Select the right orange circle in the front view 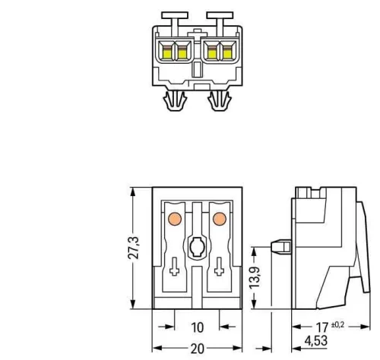pyautogui.click(x=221, y=219)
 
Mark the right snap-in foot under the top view pyautogui.click(x=220, y=101)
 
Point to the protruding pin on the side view pyautogui.click(x=279, y=248)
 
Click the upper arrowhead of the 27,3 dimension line pyautogui.click(x=133, y=190)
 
